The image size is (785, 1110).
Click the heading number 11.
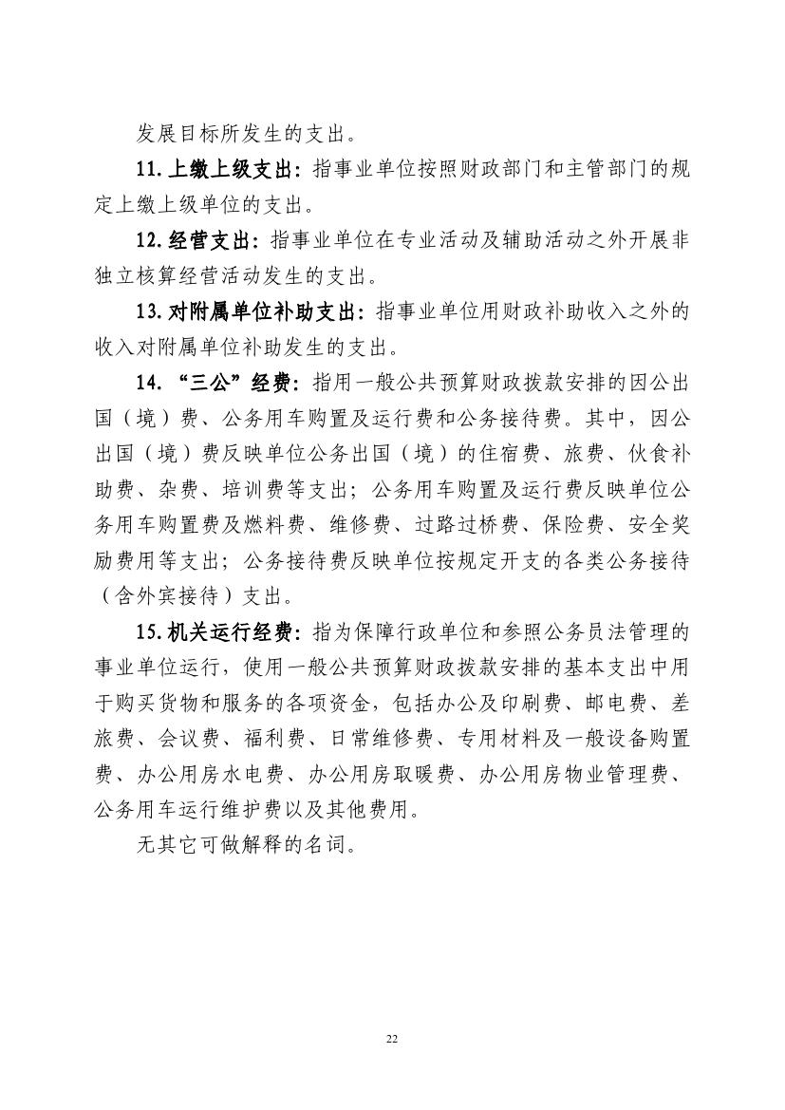[x=149, y=170]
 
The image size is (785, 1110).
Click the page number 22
[x=392, y=1038]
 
